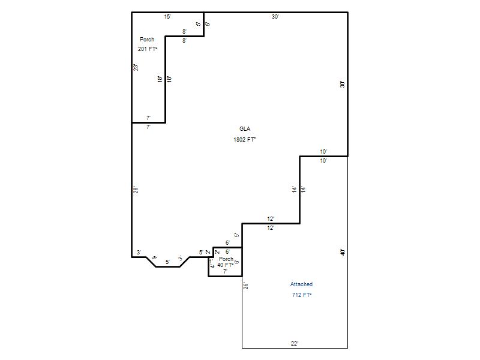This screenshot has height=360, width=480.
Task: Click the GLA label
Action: tap(245, 129)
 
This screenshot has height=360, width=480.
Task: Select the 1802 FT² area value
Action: tap(245, 140)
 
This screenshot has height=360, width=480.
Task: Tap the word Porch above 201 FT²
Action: tap(147, 40)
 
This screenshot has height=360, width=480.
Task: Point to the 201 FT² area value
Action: tap(148, 49)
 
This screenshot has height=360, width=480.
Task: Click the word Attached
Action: tap(301, 284)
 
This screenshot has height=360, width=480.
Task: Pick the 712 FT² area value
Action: tap(302, 295)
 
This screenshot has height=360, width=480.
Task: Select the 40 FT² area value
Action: tap(225, 265)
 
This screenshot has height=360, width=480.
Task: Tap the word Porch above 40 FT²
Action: tap(226, 259)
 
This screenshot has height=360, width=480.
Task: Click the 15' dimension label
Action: tap(167, 17)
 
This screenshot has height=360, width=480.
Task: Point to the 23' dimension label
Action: tap(136, 68)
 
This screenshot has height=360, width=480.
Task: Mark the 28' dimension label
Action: tap(136, 190)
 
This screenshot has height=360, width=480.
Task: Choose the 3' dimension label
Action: tap(139, 253)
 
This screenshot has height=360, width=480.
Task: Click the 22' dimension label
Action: tap(295, 344)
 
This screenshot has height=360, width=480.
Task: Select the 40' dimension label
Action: tap(343, 252)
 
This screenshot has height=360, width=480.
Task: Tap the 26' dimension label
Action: tap(246, 286)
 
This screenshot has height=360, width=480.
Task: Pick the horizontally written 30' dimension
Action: tap(275, 17)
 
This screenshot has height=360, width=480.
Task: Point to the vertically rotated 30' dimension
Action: tap(343, 85)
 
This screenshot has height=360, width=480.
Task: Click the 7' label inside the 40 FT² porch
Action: tap(225, 272)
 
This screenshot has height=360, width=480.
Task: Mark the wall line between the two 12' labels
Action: tap(271, 224)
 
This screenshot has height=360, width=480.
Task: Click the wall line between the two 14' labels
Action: tap(299, 190)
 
